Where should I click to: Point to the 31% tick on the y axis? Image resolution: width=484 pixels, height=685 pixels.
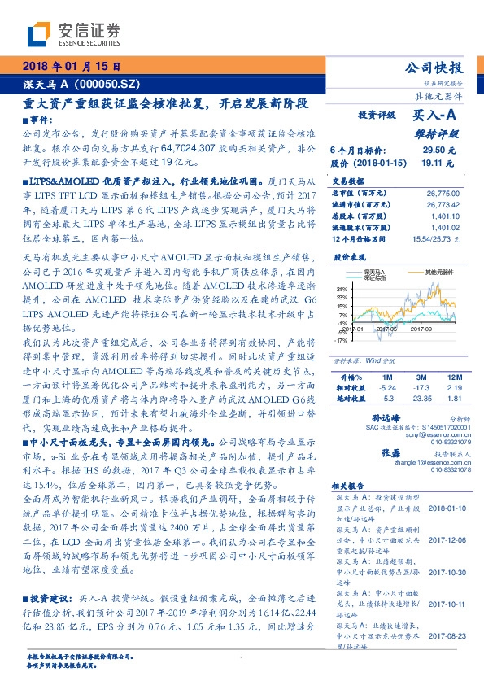(342, 288)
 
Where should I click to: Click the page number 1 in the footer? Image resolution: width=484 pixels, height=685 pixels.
(242, 658)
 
